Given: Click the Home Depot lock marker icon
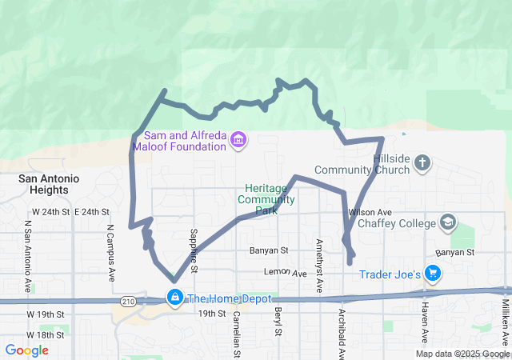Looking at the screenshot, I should click(174, 298).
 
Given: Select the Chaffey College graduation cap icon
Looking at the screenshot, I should click(449, 222).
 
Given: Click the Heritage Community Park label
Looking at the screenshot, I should click(266, 199).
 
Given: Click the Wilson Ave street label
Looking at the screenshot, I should click(368, 212).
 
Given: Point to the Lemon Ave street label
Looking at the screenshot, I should click(287, 274).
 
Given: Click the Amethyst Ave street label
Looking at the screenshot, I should click(319, 265).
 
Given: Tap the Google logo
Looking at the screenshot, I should click(26, 350).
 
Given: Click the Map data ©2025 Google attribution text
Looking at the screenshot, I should click(462, 354).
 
